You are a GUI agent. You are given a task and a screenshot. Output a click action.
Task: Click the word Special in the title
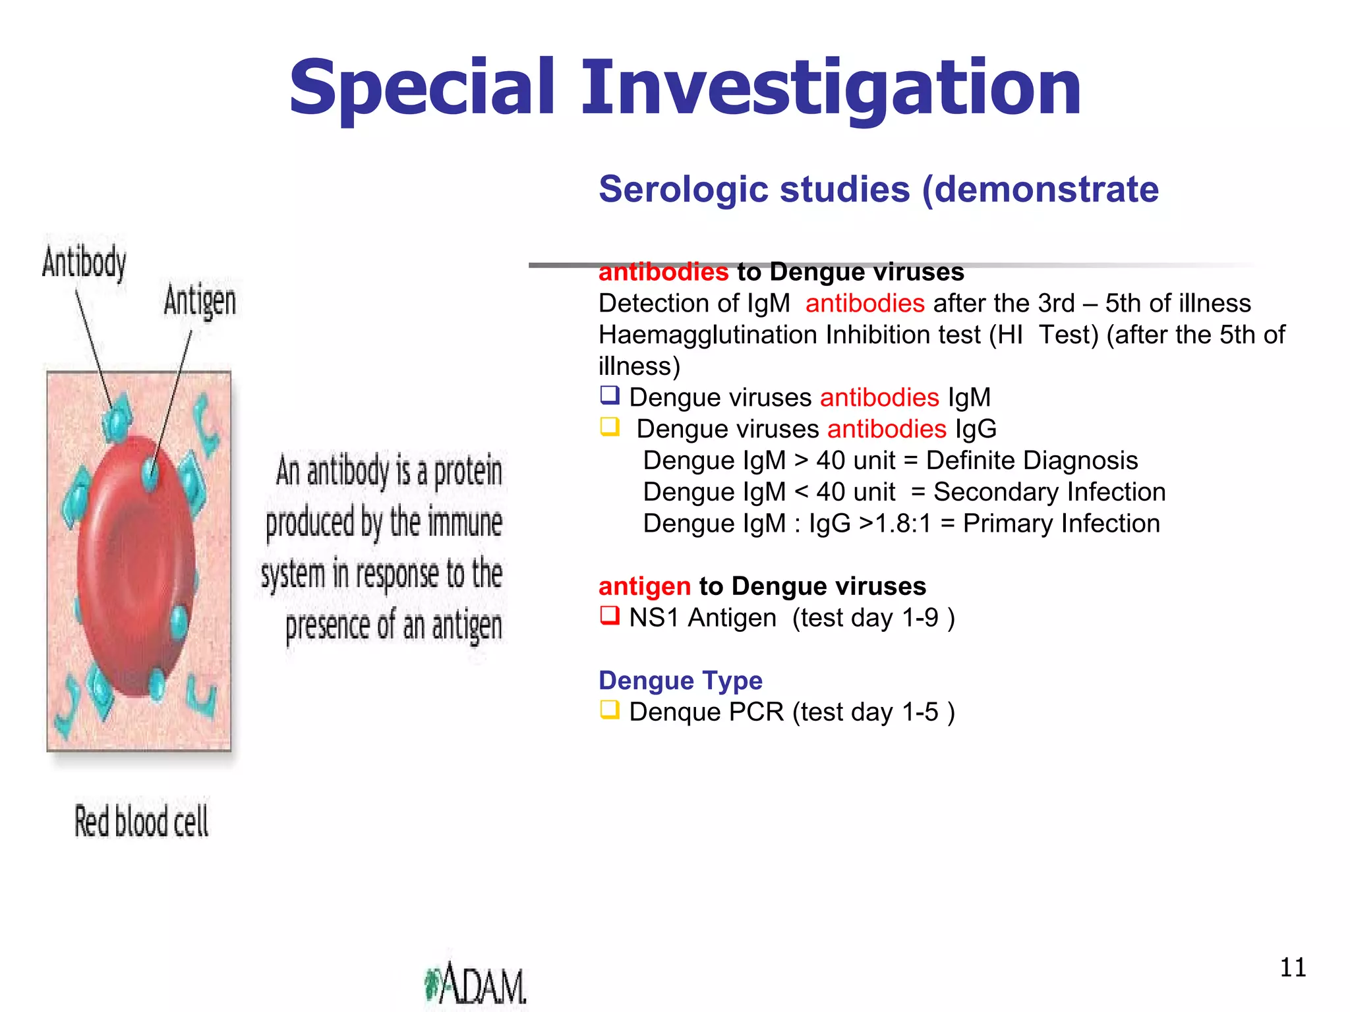click(x=422, y=89)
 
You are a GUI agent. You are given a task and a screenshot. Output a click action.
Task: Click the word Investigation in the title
click(x=831, y=89)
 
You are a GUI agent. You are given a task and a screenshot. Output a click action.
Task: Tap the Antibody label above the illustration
click(x=84, y=262)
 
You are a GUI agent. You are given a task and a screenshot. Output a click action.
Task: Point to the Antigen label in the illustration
click(x=200, y=301)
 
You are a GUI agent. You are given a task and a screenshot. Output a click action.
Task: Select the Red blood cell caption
click(x=141, y=822)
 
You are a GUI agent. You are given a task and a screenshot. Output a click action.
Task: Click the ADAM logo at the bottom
click(x=476, y=984)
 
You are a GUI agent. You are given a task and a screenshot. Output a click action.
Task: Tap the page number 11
click(x=1293, y=967)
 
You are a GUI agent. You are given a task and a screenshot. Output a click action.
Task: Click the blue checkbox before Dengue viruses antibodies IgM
click(x=610, y=395)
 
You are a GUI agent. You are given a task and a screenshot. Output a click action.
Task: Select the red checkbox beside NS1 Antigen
click(x=610, y=615)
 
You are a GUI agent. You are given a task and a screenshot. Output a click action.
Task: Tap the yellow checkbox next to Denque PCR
click(x=610, y=710)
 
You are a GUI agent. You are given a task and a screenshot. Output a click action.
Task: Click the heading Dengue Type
click(x=680, y=680)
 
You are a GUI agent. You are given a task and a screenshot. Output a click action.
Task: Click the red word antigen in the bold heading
click(x=644, y=586)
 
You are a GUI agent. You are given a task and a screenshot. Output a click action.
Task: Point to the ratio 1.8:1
click(x=903, y=524)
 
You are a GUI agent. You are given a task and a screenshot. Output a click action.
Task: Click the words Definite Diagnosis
click(x=1032, y=461)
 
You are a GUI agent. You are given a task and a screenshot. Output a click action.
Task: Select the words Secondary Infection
click(x=1049, y=492)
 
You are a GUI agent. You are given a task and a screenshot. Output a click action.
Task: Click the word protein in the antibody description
click(x=468, y=472)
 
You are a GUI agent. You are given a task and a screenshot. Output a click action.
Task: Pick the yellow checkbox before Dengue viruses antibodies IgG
click(x=610, y=427)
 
